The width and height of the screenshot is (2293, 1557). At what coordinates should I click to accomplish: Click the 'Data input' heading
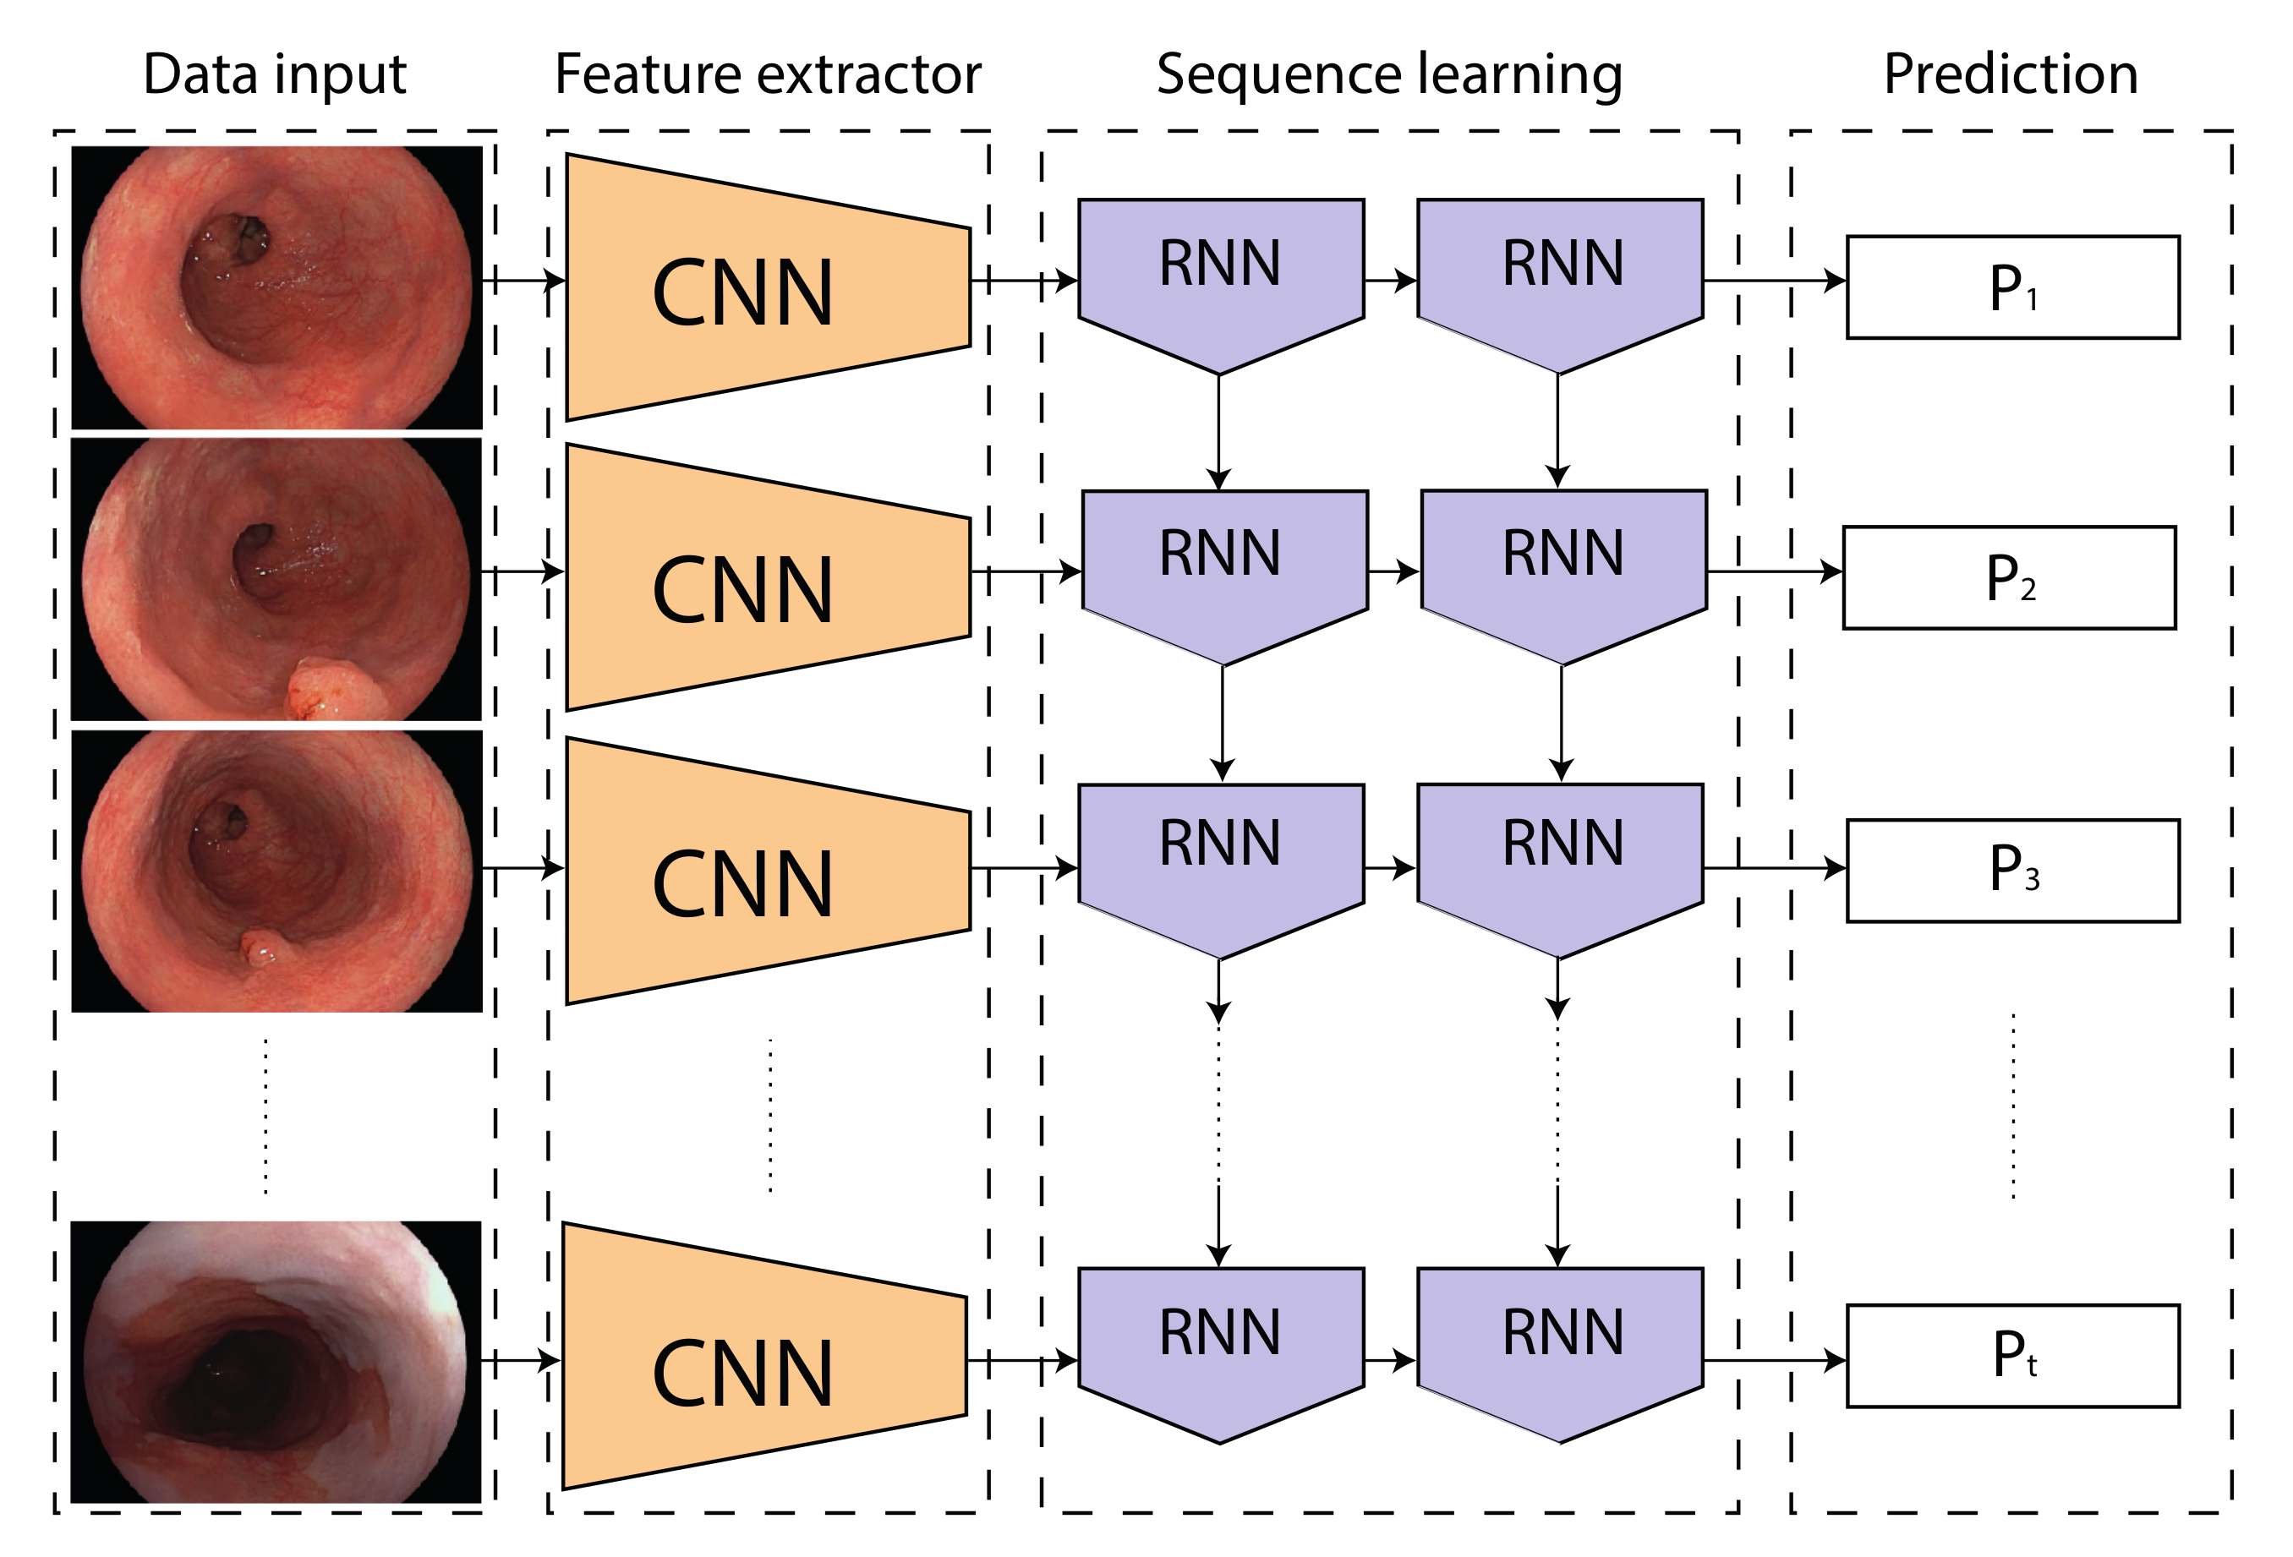(x=274, y=74)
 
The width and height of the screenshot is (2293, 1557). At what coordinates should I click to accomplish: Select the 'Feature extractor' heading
(x=768, y=74)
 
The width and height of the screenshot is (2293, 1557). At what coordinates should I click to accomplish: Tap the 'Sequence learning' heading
(x=1389, y=74)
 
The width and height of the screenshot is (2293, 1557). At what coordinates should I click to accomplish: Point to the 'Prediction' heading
(x=2011, y=74)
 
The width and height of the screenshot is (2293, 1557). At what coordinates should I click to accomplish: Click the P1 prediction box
(x=2013, y=287)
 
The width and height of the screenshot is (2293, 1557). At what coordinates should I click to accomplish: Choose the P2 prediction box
(x=2009, y=577)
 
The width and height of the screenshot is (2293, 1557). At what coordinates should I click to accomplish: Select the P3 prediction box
(x=2013, y=871)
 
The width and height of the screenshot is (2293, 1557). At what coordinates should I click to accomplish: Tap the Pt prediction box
(x=2013, y=1356)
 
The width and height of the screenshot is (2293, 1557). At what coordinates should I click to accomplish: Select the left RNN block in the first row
(x=1221, y=276)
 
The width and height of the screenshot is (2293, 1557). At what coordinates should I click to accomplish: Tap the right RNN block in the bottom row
(x=1560, y=1346)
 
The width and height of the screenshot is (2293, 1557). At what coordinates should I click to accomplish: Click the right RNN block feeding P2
(x=1564, y=566)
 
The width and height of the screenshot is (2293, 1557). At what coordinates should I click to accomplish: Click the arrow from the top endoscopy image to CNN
(x=523, y=281)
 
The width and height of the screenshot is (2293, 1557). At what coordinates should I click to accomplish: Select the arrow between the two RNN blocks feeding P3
(x=1390, y=868)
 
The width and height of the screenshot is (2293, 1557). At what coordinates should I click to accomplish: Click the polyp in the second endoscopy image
(x=336, y=689)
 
